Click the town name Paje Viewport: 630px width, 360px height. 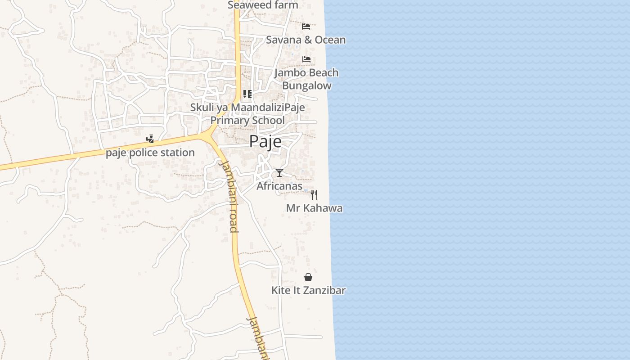tap(265, 141)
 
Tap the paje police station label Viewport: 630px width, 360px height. tap(150, 153)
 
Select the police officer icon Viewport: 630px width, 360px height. tap(150, 139)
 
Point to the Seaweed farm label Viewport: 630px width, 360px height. tap(263, 5)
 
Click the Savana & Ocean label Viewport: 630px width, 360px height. tap(306, 40)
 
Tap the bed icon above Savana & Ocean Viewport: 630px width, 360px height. tap(306, 26)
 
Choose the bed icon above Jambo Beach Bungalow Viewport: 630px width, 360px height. tap(306, 59)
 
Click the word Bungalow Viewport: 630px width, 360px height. tap(306, 85)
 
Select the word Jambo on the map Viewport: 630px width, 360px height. tap(290, 72)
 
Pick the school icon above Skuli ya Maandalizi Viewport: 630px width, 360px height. tap(247, 94)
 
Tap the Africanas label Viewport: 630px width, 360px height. tap(279, 186)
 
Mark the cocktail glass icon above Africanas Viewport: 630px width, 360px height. tap(279, 173)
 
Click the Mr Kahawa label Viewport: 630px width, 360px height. tap(314, 208)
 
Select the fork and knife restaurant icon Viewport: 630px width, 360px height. tap(314, 195)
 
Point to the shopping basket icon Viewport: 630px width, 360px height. tap(308, 277)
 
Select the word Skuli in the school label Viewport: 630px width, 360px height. tap(201, 108)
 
